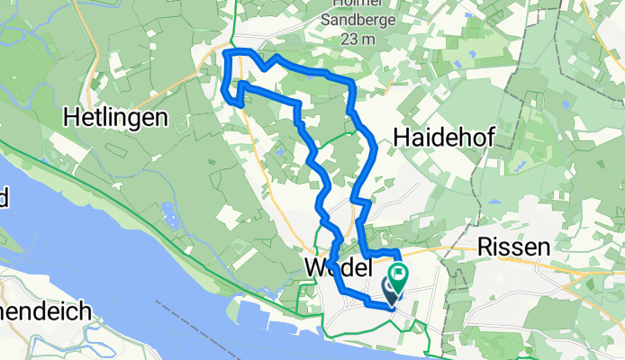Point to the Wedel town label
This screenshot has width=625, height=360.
(339, 268)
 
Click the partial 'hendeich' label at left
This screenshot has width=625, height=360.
(45, 312)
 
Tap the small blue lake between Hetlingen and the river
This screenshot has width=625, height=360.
(168, 214)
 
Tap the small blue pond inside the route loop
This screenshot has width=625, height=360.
(281, 152)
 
